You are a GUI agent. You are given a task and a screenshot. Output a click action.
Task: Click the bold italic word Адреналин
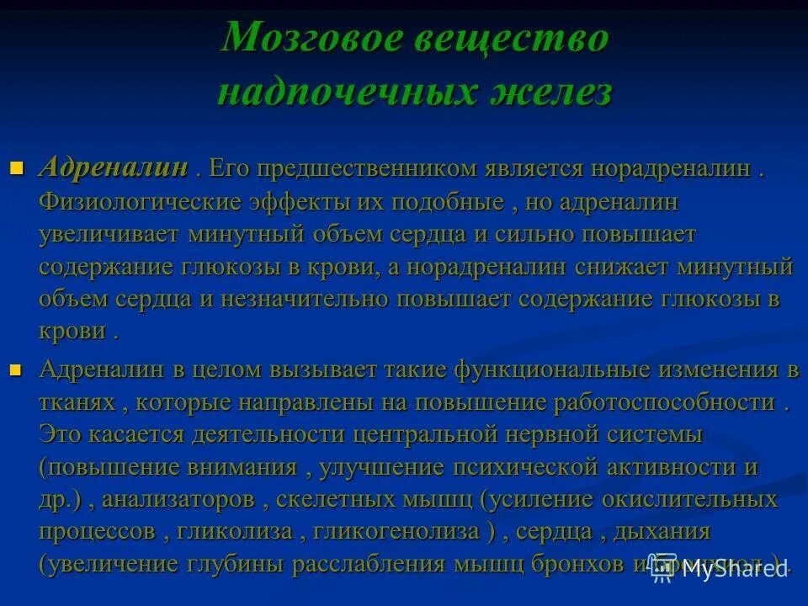[x=113, y=167]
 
